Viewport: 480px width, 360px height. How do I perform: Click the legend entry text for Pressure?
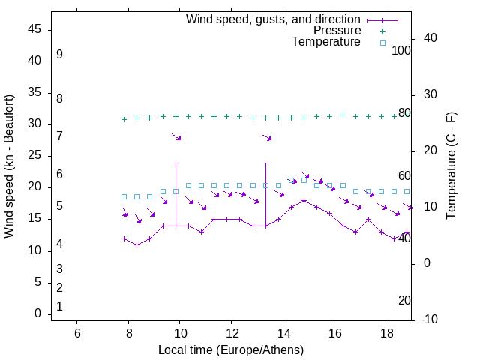[337, 31]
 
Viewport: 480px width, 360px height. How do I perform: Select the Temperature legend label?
[326, 42]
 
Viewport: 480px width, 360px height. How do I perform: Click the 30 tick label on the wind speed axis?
[35, 124]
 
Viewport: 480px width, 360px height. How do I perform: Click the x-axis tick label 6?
[77, 332]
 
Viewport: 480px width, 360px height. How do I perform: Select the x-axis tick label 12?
[231, 332]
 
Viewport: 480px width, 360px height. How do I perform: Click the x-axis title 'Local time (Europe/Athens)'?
[231, 350]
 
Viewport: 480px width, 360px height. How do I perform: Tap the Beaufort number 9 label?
[59, 55]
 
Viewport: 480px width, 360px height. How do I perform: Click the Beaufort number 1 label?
[59, 306]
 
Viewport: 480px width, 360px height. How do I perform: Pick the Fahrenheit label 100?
[402, 50]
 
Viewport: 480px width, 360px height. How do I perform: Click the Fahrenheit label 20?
[404, 300]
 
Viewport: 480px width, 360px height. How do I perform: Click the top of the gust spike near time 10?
[175, 163]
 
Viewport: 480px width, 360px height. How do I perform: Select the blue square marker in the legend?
[382, 43]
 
